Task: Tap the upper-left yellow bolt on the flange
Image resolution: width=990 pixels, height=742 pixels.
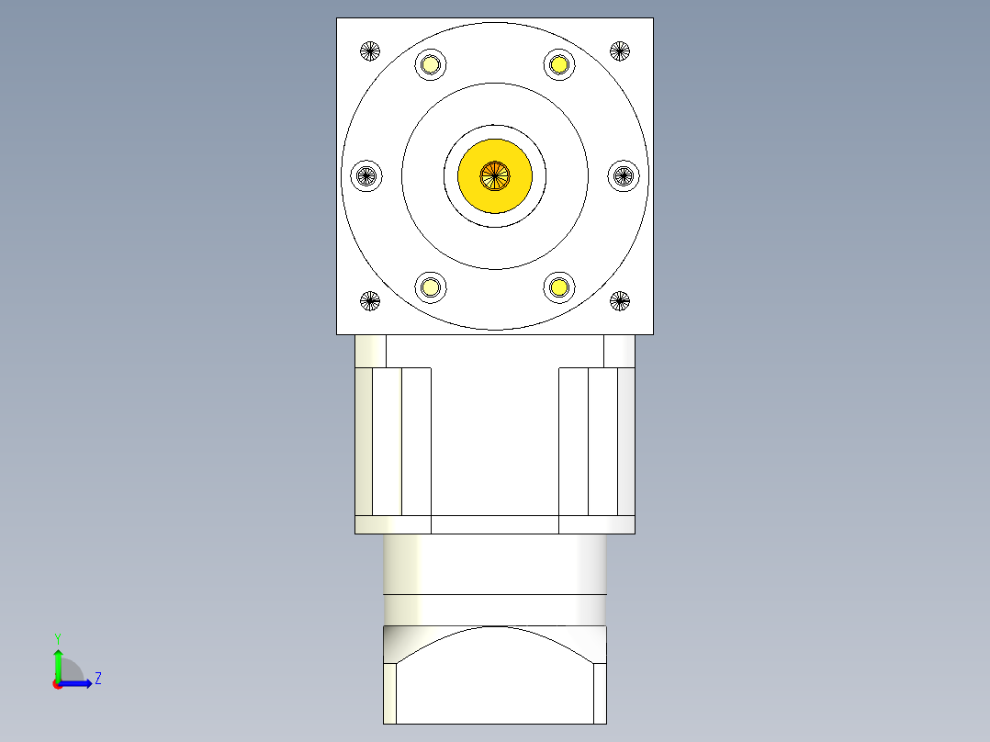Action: [431, 64]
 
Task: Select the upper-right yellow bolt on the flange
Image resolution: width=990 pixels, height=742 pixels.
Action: [558, 64]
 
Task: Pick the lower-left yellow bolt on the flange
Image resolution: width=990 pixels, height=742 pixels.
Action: [431, 287]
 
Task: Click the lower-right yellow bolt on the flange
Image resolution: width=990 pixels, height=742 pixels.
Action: [558, 287]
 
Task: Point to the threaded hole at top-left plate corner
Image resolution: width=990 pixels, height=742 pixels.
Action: [370, 51]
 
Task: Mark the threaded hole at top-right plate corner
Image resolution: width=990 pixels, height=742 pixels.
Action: [620, 51]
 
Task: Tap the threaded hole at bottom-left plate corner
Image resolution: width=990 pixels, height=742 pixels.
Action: [370, 299]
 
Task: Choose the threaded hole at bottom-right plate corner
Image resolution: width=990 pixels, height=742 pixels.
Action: [620, 299]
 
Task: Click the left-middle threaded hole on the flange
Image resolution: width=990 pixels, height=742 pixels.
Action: [367, 174]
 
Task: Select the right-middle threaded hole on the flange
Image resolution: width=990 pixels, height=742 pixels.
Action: [624, 174]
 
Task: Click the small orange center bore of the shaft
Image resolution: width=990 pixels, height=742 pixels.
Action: [495, 175]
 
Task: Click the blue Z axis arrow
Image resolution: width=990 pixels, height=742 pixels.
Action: [78, 683]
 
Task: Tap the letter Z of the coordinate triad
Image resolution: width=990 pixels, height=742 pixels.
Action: [97, 680]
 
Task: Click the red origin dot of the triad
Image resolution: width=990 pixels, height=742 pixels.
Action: [57, 684]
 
